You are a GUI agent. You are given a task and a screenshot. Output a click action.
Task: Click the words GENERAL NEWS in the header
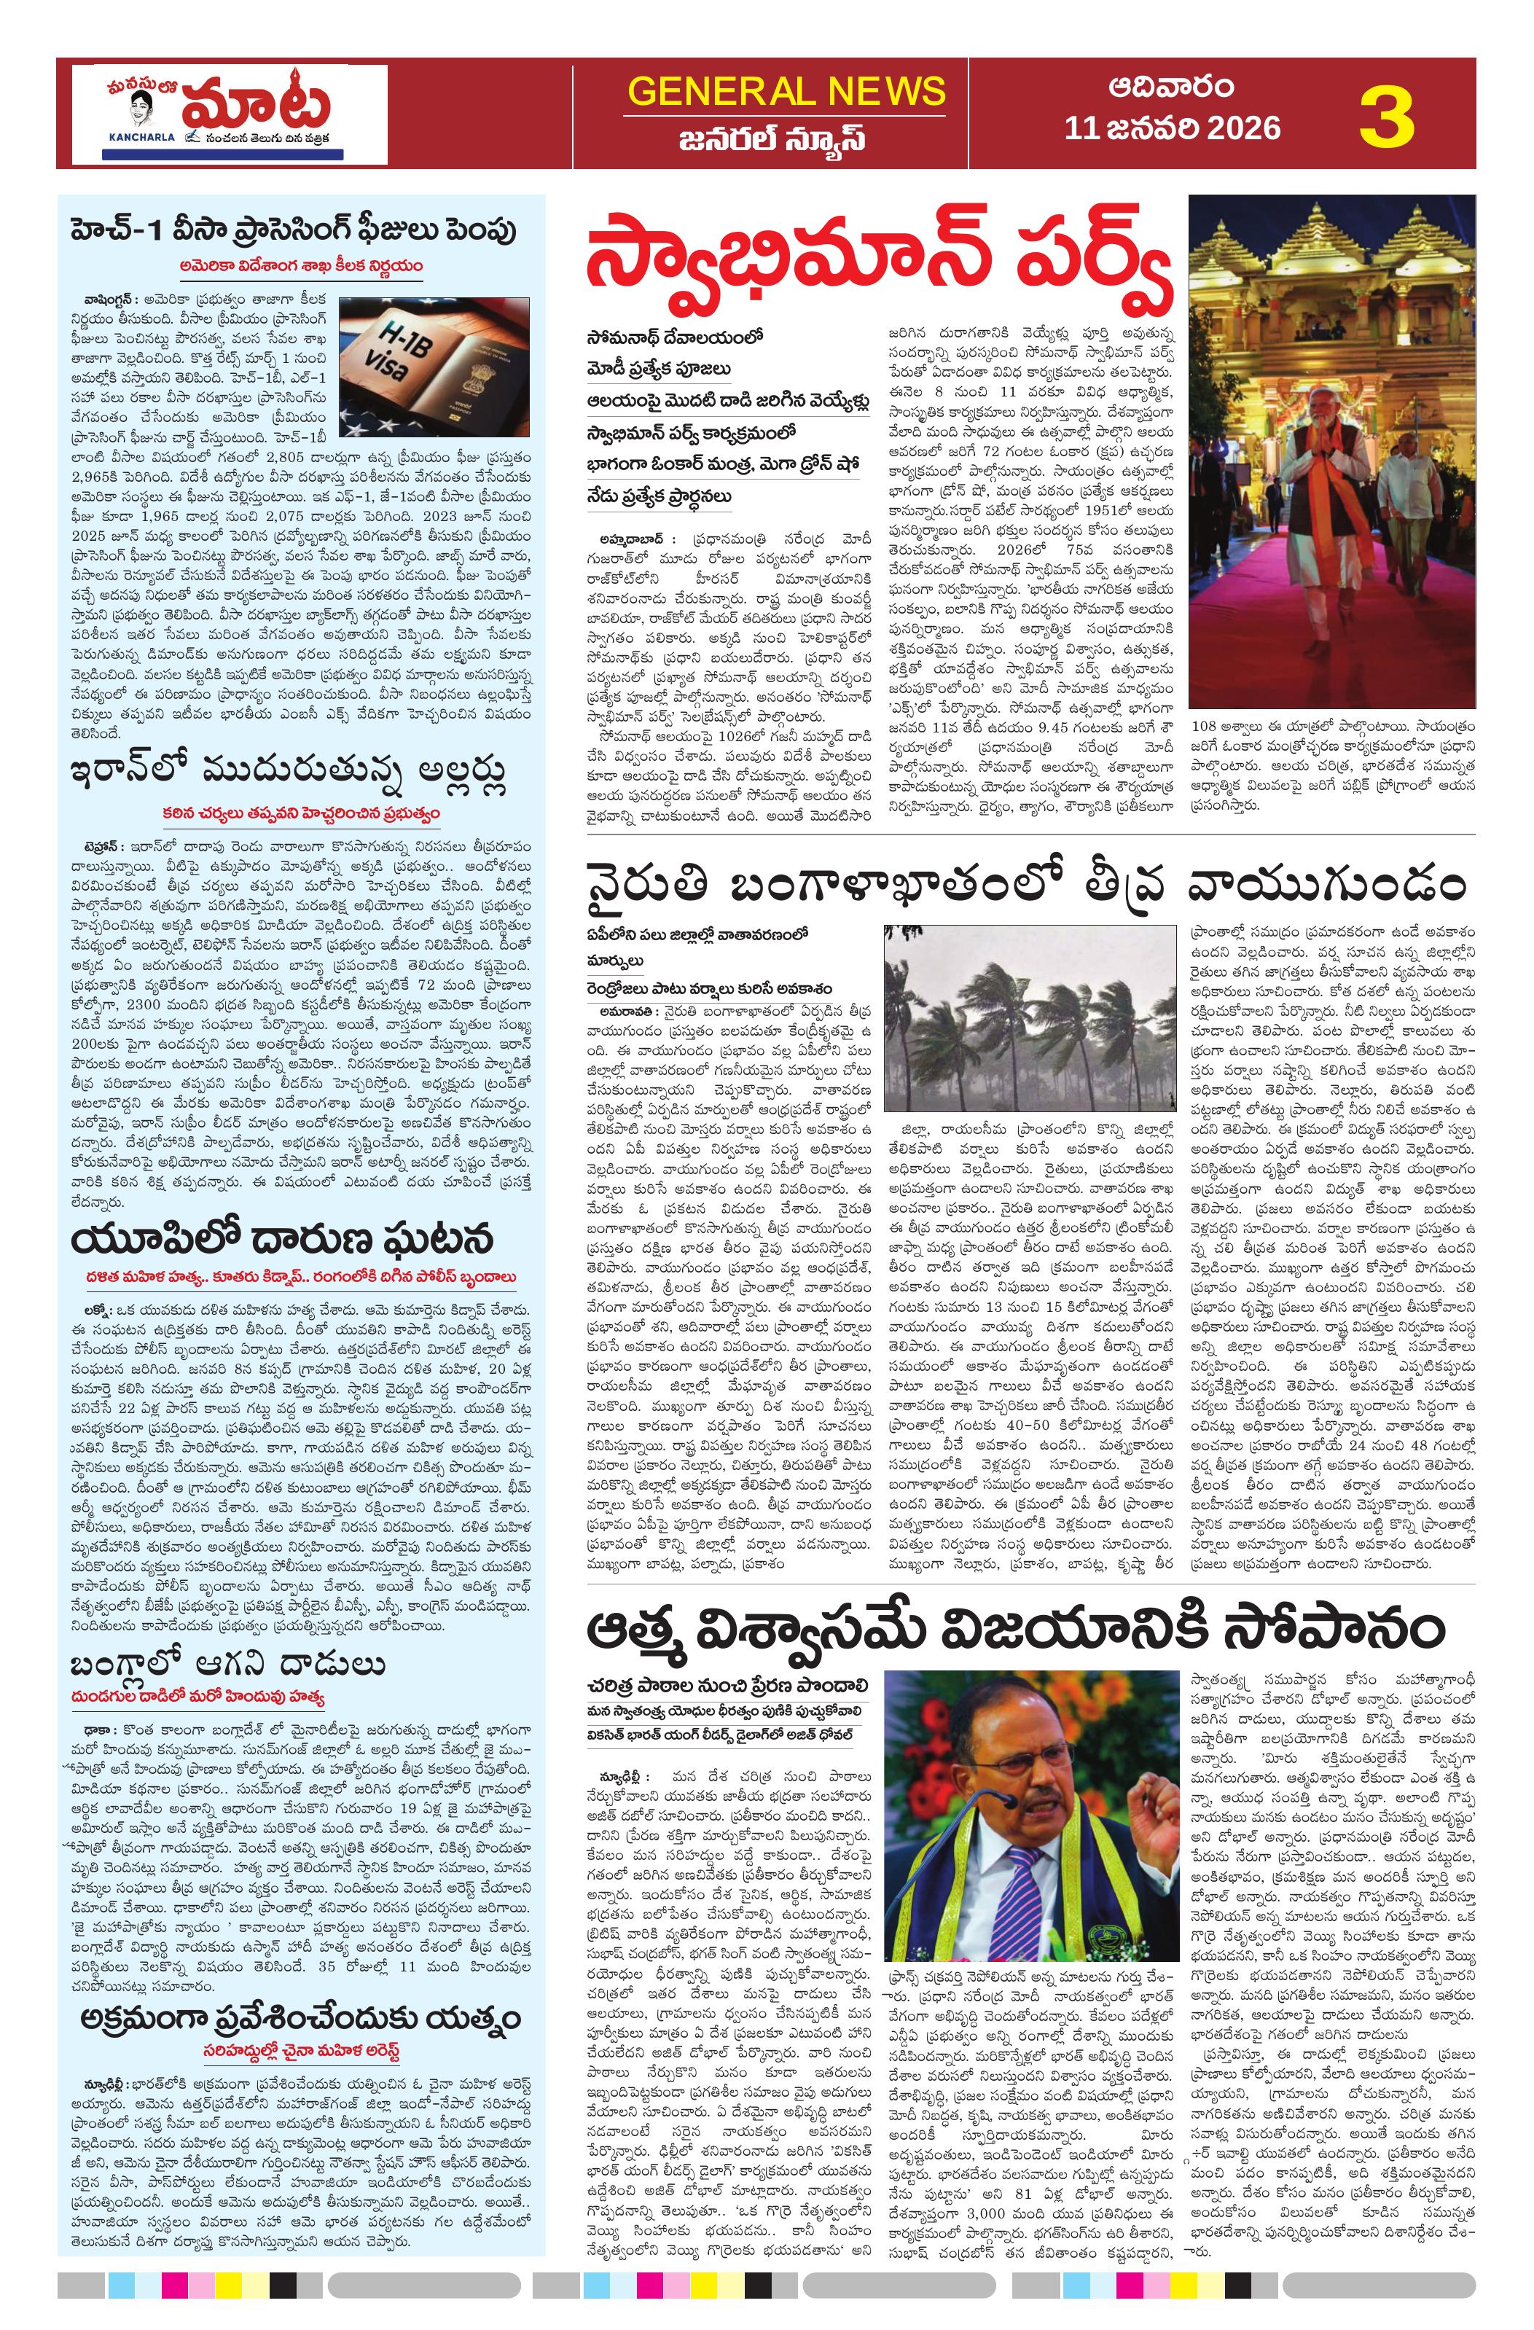[787, 91]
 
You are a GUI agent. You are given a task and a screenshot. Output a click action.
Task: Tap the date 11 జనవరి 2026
[1173, 128]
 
